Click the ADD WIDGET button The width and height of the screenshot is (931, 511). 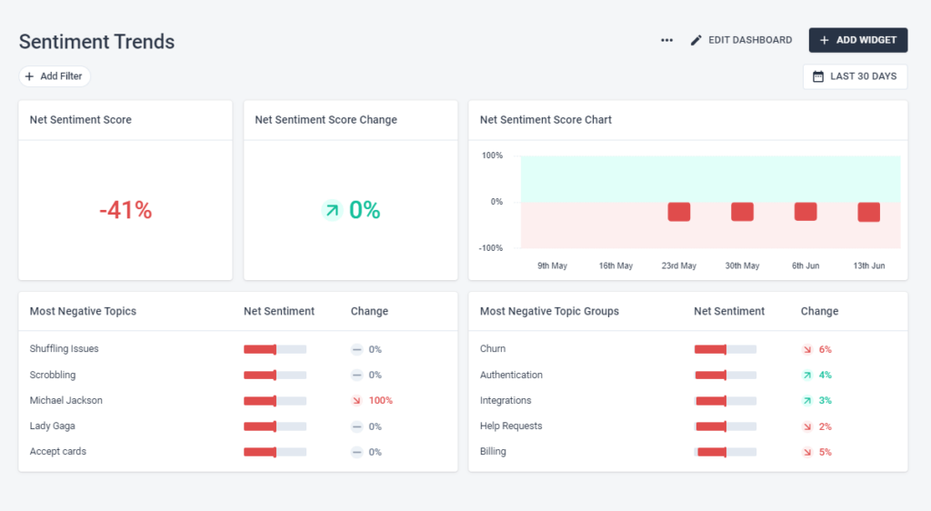[857, 40]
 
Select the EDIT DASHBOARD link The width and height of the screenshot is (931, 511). [741, 40]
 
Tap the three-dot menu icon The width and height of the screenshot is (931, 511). [666, 40]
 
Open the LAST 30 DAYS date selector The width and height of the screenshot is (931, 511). [855, 76]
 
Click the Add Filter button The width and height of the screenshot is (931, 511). [55, 76]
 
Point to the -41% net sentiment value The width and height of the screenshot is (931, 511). [125, 210]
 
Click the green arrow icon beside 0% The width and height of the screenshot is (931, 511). [332, 210]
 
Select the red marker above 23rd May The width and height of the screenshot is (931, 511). [679, 212]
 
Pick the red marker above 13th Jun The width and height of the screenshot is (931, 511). [868, 212]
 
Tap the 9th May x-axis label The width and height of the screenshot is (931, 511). [552, 266]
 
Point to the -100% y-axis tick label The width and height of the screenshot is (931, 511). [491, 248]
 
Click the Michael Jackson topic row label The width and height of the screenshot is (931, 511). [65, 400]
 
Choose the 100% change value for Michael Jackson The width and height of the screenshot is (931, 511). [380, 400]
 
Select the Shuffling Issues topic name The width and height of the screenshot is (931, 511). [64, 349]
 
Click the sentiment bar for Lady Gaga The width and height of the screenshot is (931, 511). [275, 426]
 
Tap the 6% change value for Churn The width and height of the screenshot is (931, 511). [825, 349]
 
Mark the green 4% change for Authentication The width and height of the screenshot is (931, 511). [825, 375]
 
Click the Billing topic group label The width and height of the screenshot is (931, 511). [493, 452]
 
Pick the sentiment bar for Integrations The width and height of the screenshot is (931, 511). [725, 401]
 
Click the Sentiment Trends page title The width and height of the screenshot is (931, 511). [96, 42]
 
